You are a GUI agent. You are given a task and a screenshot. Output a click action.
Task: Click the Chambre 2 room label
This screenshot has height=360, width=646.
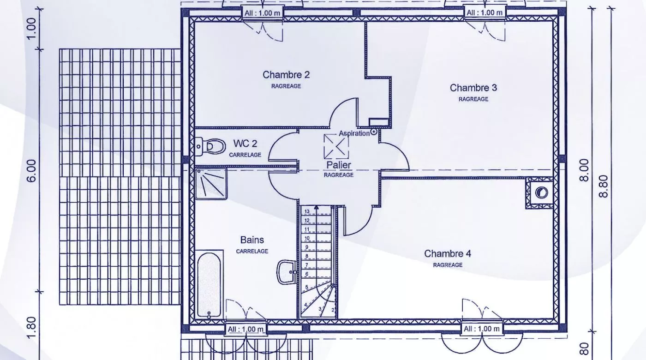286,75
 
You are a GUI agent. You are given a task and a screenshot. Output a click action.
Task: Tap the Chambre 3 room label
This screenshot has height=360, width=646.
473,88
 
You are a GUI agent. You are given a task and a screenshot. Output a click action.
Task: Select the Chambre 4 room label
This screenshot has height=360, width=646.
448,253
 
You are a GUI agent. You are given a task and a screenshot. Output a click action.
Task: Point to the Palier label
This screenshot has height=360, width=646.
339,165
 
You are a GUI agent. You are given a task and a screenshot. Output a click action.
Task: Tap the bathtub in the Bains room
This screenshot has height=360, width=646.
209,285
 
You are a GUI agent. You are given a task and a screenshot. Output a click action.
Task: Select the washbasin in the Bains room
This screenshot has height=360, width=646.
287,272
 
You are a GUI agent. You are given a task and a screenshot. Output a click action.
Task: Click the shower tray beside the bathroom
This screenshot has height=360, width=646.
211,184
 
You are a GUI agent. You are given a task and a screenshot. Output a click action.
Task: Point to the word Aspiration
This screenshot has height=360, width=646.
354,133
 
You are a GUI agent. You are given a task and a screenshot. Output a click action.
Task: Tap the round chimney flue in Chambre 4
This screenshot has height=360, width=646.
541,192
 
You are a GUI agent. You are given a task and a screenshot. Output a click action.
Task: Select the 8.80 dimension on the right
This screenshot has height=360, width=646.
604,186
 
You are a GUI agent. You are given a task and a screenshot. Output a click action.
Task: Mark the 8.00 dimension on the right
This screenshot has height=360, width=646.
584,170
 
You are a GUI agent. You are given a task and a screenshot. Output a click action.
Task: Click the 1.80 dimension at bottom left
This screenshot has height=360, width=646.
32,328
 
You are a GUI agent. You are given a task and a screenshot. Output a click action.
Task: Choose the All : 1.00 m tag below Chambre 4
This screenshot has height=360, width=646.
482,329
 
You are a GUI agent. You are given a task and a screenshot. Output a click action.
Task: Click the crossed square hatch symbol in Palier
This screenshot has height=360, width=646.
336,147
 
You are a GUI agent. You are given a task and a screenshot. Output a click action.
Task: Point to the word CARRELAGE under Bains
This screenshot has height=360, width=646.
252,251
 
